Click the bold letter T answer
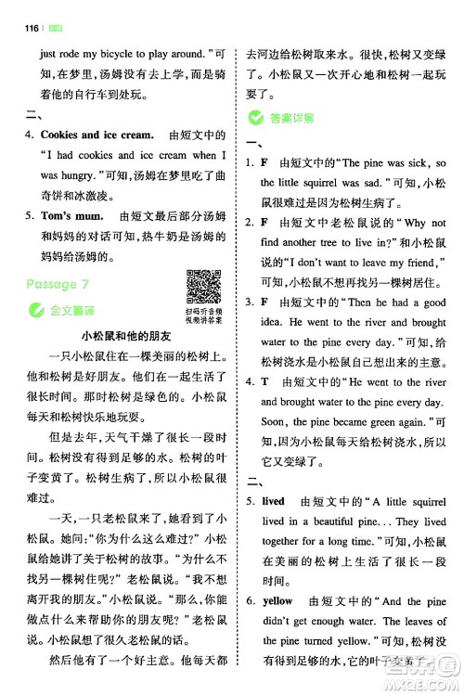264,380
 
